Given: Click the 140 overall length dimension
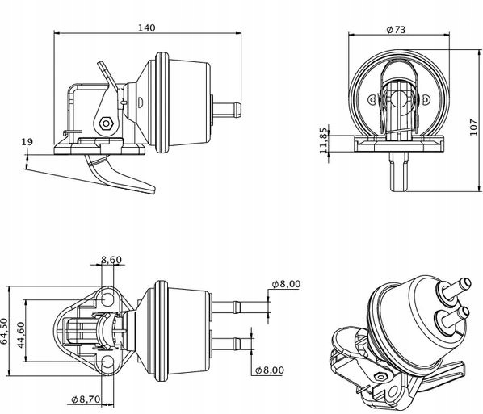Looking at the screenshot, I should pyautogui.click(x=146, y=27).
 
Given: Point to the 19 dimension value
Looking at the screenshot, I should pyautogui.click(x=27, y=142).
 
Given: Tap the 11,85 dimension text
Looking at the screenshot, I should pyautogui.click(x=325, y=140).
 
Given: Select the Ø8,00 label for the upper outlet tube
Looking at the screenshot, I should pyautogui.click(x=287, y=284).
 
